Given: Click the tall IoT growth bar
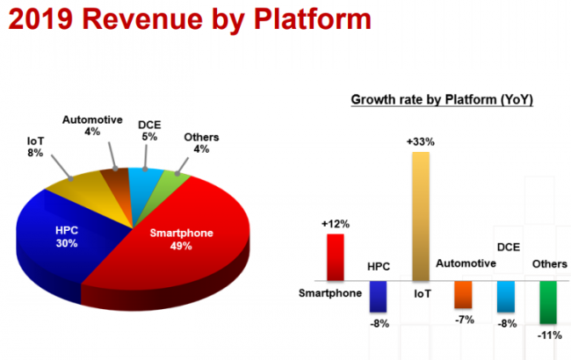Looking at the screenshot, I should click(x=420, y=215).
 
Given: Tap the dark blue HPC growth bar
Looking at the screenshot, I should click(x=378, y=297).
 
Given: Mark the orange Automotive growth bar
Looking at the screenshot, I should click(x=463, y=294).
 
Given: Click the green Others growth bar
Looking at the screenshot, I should click(x=547, y=300).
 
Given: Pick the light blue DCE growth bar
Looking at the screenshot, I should click(x=505, y=296).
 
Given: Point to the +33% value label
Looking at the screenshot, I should click(x=420, y=140).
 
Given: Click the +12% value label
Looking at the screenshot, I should click(x=335, y=224).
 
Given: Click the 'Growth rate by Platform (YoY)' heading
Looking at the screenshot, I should click(x=442, y=99).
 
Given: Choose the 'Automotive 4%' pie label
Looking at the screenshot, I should click(x=90, y=126).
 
